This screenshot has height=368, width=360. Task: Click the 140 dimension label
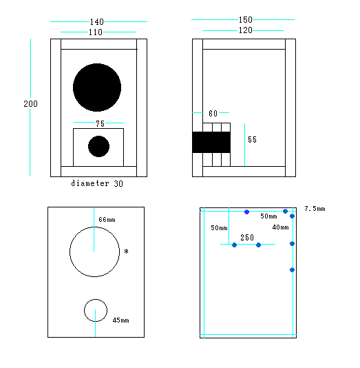pos(97,22)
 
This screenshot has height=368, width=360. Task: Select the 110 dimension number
pos(96,32)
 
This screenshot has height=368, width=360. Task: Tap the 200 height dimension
pos(30,104)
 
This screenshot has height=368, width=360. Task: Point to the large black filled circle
pos(97,88)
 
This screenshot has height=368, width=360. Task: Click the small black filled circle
pos(98,146)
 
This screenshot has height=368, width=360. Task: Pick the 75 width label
pos(100,123)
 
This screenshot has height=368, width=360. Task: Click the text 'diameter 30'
pos(97,183)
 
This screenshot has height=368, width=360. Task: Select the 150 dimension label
pos(245,20)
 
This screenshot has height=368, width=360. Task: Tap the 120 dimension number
pos(245,30)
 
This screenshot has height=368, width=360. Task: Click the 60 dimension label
pos(213,114)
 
